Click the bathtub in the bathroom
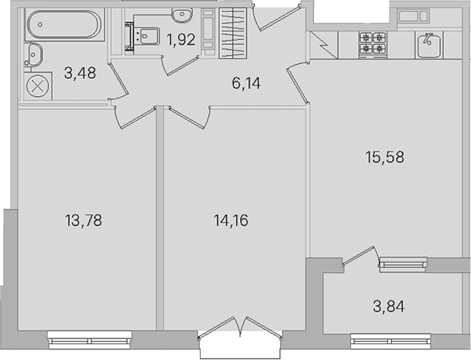64,25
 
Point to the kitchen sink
429,46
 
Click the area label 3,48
80,73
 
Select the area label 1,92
181,40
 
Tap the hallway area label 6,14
246,83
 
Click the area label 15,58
385,157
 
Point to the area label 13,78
83,220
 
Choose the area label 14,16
231,221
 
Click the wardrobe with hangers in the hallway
233,33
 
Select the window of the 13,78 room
89,339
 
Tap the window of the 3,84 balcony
391,341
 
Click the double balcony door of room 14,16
240,328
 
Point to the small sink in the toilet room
182,15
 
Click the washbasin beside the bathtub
33,55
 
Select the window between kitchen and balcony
403,264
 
